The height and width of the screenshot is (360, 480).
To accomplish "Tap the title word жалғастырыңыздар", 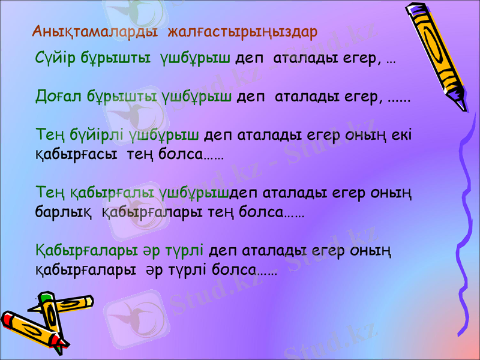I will [242, 31].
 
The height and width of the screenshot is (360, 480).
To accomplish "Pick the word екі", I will [401, 134].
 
